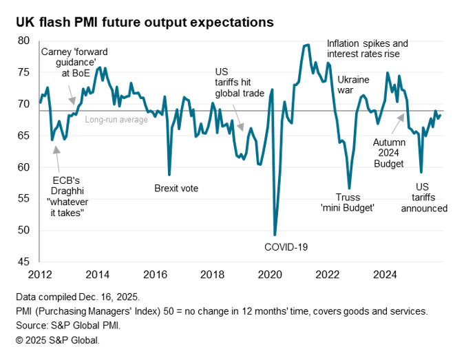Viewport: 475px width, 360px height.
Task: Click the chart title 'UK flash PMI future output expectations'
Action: [x=145, y=22]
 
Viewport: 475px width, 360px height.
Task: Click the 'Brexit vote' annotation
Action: [x=176, y=187]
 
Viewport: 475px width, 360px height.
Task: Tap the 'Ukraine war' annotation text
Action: [x=354, y=83]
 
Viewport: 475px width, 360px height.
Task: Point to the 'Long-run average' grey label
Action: [x=116, y=120]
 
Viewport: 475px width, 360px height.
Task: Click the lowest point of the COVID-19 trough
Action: [x=275, y=235]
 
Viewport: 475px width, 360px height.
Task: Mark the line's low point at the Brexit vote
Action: [x=169, y=175]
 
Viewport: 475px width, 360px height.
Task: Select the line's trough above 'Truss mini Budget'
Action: [x=349, y=188]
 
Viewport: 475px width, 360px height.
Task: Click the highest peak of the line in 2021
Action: [x=306, y=45]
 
